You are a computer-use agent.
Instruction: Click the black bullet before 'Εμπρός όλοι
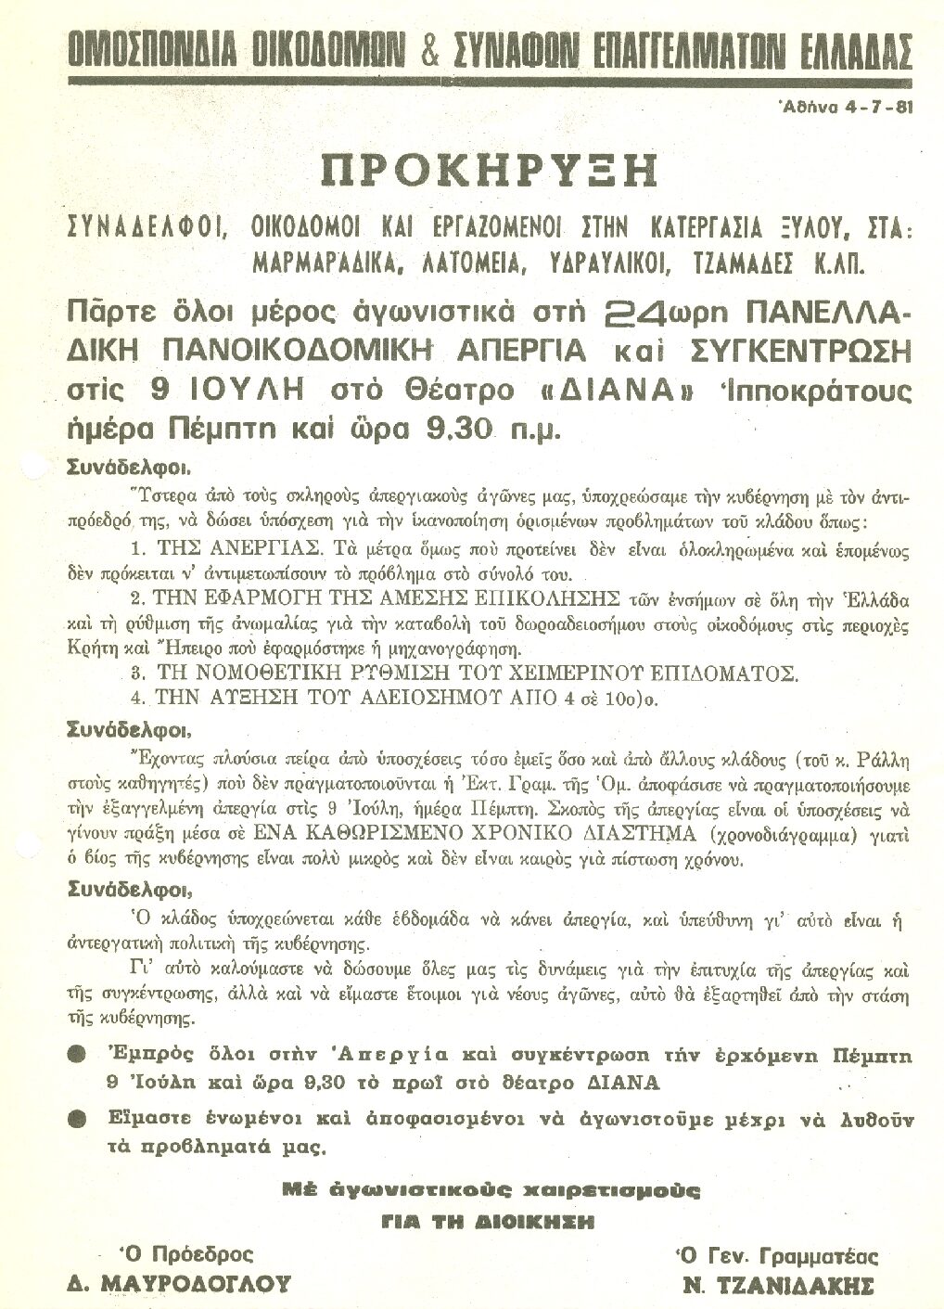tap(79, 1056)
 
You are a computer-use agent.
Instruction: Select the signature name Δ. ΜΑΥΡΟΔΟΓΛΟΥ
tap(178, 1284)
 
